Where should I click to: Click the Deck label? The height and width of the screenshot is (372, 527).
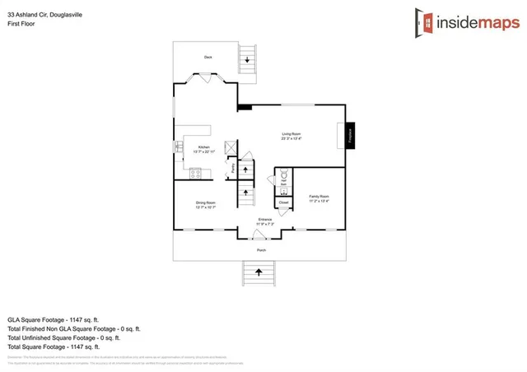pyautogui.click(x=208, y=57)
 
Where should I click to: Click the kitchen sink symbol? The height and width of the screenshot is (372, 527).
pyautogui.click(x=178, y=147)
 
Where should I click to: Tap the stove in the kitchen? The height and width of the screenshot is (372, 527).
pyautogui.click(x=196, y=173)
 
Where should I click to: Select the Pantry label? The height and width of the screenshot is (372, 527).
pyautogui.click(x=233, y=170)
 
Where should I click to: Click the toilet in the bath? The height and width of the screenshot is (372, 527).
pyautogui.click(x=284, y=174)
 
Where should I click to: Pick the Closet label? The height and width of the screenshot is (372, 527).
pyautogui.click(x=284, y=202)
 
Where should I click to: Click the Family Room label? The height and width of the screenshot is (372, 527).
pyautogui.click(x=319, y=198)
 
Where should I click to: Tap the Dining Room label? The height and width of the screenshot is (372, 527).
pyautogui.click(x=205, y=204)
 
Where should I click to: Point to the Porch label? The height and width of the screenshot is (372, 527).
pyautogui.click(x=261, y=249)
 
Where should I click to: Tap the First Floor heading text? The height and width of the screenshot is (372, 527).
pyautogui.click(x=20, y=23)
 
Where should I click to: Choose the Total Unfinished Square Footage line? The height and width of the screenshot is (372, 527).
pyautogui.click(x=64, y=337)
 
